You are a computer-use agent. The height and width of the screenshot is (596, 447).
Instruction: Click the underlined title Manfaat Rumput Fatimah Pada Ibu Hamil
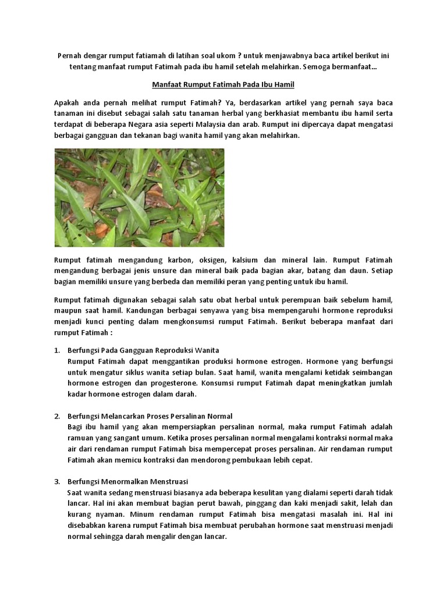223,84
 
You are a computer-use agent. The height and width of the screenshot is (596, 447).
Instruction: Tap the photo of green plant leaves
139,198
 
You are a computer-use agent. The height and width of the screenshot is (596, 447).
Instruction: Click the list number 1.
57,350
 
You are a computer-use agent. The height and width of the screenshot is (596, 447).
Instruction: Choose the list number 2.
57,416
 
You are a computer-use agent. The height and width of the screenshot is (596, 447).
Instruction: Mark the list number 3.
57,482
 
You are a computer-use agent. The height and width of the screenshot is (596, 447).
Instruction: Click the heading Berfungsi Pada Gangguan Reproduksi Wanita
143,350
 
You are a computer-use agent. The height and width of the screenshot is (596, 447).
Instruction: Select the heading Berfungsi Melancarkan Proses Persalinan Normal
150,416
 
